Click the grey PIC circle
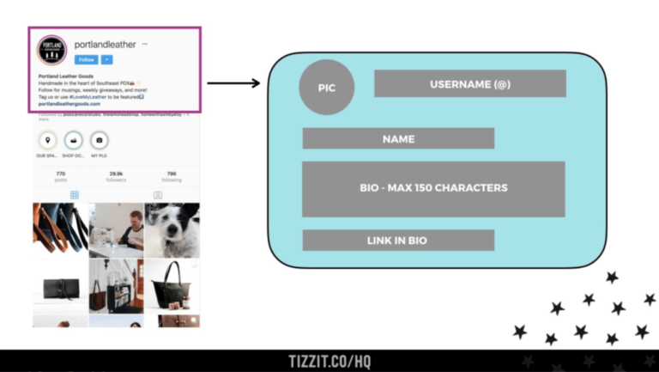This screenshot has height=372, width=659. (x=326, y=88)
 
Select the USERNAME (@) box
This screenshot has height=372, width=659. (x=469, y=83)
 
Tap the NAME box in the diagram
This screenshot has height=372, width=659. (x=398, y=138)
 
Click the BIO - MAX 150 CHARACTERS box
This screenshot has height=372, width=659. (x=433, y=188)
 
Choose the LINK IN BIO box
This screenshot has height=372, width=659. (x=398, y=240)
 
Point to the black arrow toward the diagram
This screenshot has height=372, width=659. (x=233, y=83)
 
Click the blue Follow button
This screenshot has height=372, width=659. (x=86, y=59)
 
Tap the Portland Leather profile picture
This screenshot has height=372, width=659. (x=51, y=51)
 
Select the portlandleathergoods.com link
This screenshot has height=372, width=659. (x=70, y=103)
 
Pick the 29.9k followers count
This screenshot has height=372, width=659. (x=116, y=176)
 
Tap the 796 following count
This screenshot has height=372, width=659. (x=172, y=176)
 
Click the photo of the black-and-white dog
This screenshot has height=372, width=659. (x=172, y=229)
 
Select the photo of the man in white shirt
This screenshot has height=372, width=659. (x=116, y=229)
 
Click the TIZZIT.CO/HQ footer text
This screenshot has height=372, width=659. (x=329, y=362)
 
